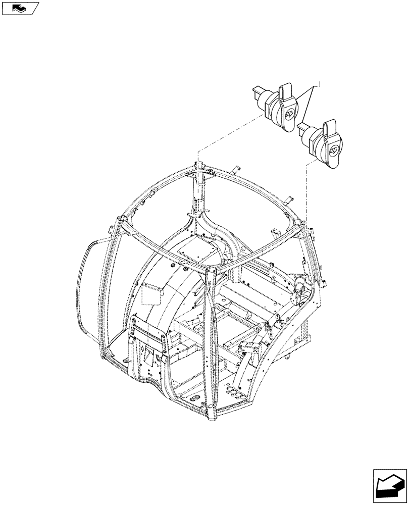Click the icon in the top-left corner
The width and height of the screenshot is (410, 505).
(20, 9)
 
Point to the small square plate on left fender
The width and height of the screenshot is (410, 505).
(151, 294)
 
